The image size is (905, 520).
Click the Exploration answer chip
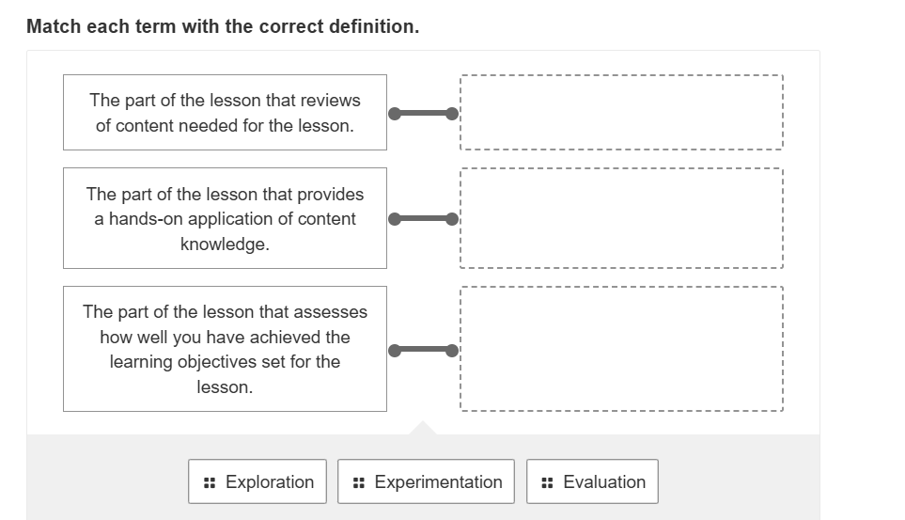(x=257, y=481)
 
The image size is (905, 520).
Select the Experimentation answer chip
(x=426, y=481)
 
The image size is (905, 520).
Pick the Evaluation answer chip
(x=592, y=481)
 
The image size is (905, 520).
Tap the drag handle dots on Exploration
(x=209, y=482)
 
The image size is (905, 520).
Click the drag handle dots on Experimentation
(x=358, y=482)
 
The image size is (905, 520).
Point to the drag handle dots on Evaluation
(x=547, y=482)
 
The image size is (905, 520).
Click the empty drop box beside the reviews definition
(x=620, y=113)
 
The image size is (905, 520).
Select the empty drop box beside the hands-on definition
(x=620, y=218)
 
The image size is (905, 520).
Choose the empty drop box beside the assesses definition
(x=620, y=349)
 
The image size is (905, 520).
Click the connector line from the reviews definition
(x=423, y=114)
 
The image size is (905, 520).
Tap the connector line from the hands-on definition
(x=423, y=219)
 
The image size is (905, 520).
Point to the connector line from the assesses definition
(x=423, y=351)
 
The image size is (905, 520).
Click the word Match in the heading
(x=55, y=26)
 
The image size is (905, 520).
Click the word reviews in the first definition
(x=331, y=100)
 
